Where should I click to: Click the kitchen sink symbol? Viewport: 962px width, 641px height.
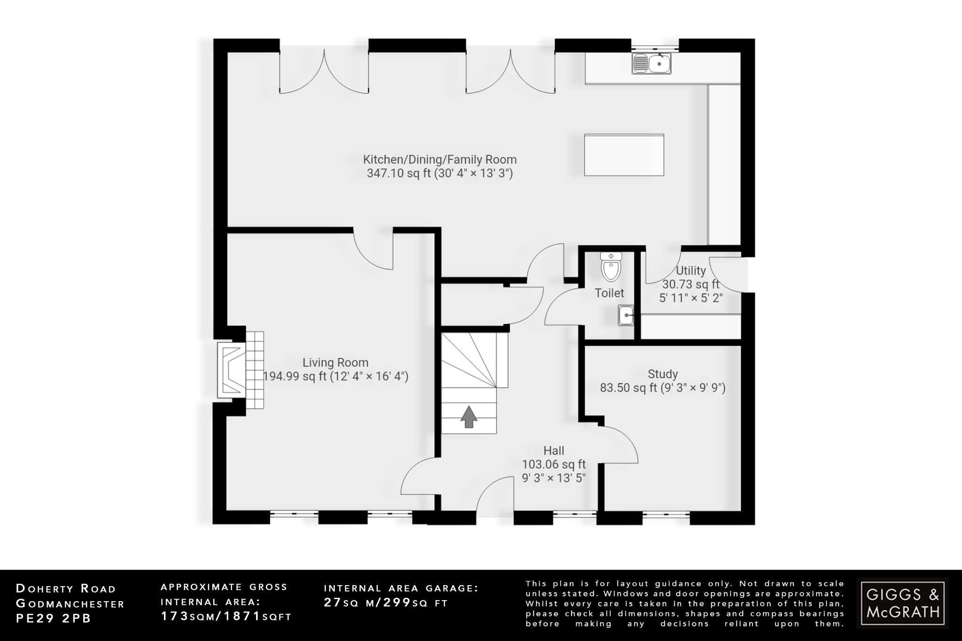tap(652, 63)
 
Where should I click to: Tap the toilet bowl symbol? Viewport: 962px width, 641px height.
tap(611, 267)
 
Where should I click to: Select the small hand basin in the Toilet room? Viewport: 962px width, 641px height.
tap(626, 315)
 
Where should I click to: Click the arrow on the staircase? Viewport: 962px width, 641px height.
tap(468, 417)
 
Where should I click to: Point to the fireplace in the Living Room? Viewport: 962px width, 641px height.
tap(232, 370)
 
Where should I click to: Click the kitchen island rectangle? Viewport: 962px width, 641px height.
tap(624, 155)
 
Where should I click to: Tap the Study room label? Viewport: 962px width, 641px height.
tap(662, 374)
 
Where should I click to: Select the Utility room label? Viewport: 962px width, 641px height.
tap(690, 271)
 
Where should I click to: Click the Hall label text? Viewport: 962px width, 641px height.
tap(554, 451)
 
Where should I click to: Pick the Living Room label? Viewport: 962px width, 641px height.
tap(335, 363)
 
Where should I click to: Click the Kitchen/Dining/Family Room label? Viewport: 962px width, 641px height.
tap(440, 160)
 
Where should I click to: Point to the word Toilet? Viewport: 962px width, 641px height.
tap(609, 293)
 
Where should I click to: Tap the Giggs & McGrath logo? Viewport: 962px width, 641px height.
tap(902, 603)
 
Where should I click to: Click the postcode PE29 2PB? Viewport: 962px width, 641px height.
tap(54, 618)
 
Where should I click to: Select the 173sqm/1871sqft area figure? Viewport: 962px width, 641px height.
tap(226, 617)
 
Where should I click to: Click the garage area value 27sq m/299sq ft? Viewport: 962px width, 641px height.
tap(386, 602)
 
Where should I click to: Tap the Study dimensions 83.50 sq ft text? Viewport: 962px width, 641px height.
tap(662, 388)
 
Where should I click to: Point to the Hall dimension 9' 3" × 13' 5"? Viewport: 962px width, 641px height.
tap(554, 478)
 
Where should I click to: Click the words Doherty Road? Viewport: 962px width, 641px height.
tap(66, 589)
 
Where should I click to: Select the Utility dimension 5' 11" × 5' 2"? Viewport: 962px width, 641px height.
tap(690, 298)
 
